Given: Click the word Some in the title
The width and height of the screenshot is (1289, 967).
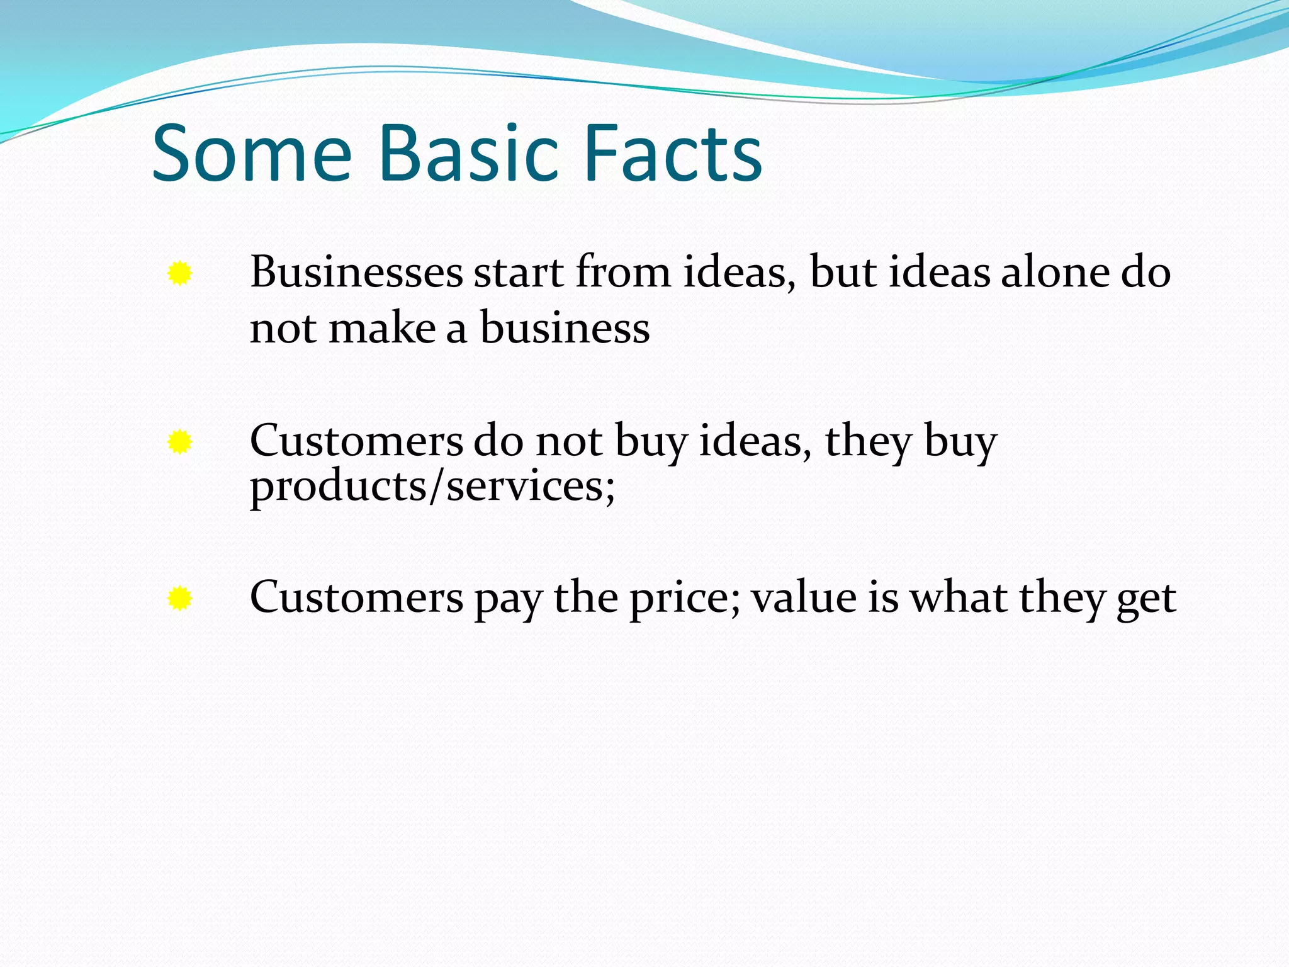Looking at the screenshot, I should [x=252, y=154].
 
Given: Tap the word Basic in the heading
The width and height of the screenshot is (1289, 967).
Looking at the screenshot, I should [x=468, y=154].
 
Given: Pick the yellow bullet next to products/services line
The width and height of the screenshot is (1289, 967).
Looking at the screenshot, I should [x=180, y=443].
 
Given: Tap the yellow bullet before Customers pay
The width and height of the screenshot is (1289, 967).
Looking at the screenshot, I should [x=180, y=599].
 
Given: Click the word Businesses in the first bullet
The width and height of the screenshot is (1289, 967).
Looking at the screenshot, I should [x=356, y=273].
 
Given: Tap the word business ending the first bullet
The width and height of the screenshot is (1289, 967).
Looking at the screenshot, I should [x=565, y=329].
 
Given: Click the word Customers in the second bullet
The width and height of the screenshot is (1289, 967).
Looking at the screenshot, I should [x=356, y=441].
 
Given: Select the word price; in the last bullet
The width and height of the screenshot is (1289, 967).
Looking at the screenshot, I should [x=685, y=598].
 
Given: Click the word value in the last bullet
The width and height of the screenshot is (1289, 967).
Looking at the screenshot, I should [x=804, y=598].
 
